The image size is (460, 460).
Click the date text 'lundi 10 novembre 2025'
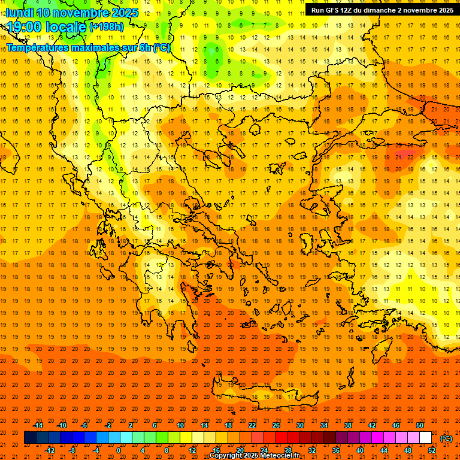tap(72, 13)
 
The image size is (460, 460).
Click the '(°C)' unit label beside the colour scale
tap(446, 438)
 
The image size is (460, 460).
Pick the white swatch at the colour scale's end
tap(426, 438)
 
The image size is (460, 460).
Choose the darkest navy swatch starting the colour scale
tap(30, 438)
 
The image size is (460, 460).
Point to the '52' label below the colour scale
tap(432, 450)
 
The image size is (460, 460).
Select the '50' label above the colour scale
tap(420, 425)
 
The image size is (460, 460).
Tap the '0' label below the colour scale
tap(119, 450)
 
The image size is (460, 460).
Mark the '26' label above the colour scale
tap(276, 425)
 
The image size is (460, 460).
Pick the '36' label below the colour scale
tap(336, 450)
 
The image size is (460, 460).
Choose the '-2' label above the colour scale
tap(108, 425)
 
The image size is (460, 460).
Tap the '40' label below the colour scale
tap(360, 450)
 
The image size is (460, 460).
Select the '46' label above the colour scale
tap(396, 425)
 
